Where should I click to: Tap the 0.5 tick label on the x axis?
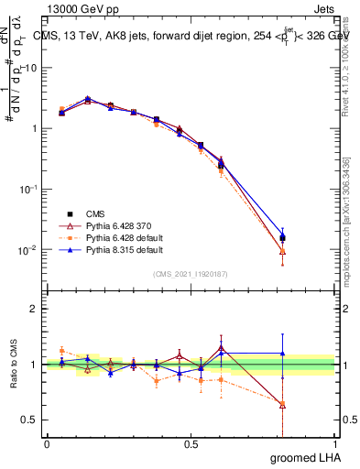coord(191,444)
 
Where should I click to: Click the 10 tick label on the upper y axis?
coord(31,68)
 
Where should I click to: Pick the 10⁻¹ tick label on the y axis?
coord(29,189)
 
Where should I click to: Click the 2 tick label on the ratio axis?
coord(34,309)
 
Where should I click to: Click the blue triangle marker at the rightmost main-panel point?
coord(309,235)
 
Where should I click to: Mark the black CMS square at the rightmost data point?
coord(309,238)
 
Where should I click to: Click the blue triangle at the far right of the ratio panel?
coord(309,354)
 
